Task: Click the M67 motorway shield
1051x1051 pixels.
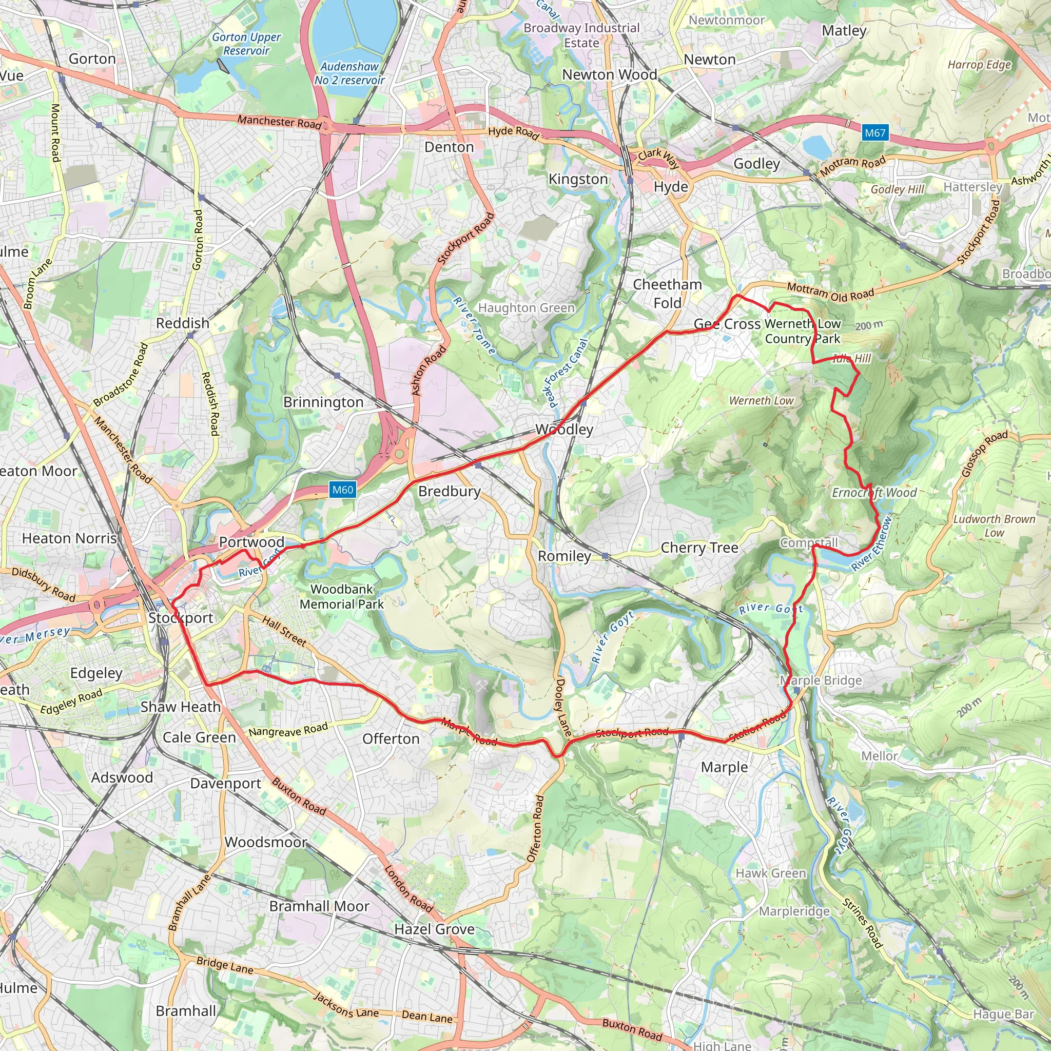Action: (x=875, y=133)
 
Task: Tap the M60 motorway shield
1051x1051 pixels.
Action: (x=343, y=490)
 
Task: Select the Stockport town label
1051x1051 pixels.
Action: (x=181, y=618)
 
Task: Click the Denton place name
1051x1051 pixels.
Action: (x=449, y=147)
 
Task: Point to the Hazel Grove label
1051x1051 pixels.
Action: (x=434, y=929)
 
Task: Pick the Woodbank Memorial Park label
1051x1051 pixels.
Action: (x=342, y=597)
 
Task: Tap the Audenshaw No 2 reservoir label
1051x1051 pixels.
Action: (x=349, y=73)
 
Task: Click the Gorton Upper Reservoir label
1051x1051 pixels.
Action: (x=246, y=44)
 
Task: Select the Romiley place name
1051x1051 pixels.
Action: (x=564, y=556)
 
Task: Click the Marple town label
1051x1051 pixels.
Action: (x=724, y=767)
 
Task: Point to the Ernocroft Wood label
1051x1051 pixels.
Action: (x=874, y=493)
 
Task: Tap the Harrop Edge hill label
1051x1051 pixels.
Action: (x=979, y=65)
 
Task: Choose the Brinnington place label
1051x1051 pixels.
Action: (x=323, y=402)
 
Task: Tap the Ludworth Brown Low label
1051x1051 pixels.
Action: (x=994, y=525)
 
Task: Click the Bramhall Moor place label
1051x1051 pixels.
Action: (x=319, y=906)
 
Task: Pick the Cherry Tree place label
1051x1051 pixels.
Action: (x=699, y=548)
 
